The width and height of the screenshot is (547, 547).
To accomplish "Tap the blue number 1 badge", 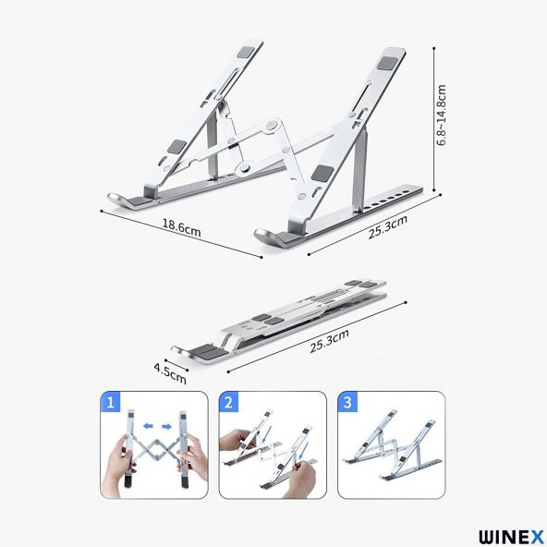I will tap(111, 403).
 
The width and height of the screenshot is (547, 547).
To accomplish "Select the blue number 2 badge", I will tap(228, 403).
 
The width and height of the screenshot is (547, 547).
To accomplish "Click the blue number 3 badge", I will tap(346, 403).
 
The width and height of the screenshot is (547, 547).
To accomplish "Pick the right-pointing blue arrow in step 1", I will tap(167, 426).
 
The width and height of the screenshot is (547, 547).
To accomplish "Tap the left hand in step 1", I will tap(124, 462).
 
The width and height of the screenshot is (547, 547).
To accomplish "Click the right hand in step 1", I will tap(189, 462).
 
